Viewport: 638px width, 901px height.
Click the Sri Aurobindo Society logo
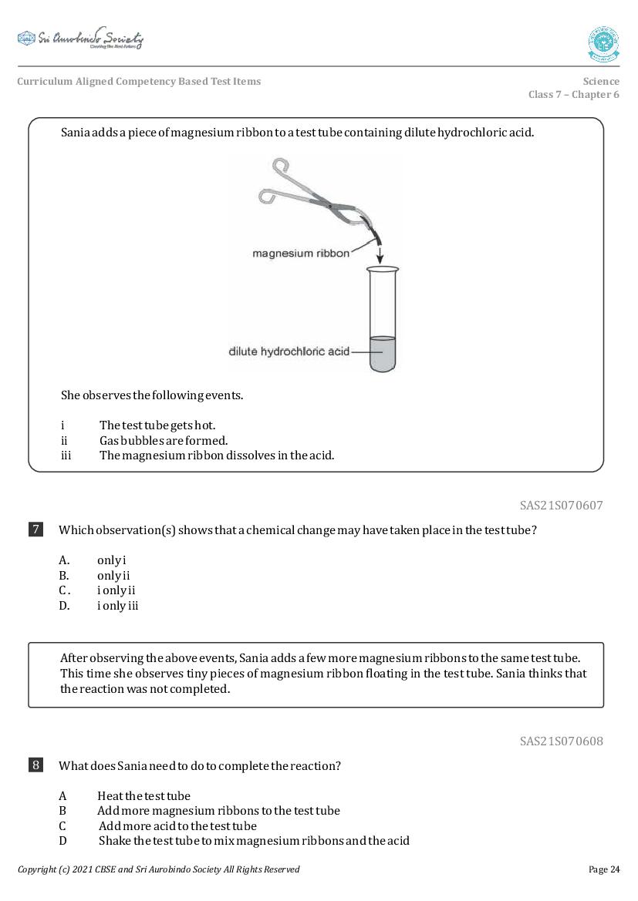[x=80, y=39]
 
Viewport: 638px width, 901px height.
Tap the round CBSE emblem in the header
[x=603, y=44]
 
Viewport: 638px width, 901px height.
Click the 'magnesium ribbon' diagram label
[x=301, y=253]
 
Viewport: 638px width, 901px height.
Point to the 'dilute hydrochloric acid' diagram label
[x=289, y=351]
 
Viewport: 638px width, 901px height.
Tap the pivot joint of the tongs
[x=332, y=206]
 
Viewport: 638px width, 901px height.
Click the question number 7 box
[x=36, y=530]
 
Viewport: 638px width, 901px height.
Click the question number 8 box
[x=36, y=765]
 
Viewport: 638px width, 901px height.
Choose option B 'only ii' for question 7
[x=113, y=576]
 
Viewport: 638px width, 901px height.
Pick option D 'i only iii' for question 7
[x=117, y=606]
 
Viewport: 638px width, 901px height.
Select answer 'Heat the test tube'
[x=143, y=796]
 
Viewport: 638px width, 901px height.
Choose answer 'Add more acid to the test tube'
[x=177, y=826]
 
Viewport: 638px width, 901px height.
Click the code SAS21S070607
[x=561, y=506]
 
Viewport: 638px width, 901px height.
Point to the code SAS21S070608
[x=561, y=741]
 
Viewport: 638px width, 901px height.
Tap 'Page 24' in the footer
[x=604, y=869]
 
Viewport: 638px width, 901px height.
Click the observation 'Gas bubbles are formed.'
[x=164, y=441]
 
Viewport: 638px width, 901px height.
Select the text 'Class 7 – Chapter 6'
[x=573, y=95]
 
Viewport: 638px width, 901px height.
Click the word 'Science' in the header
[x=601, y=81]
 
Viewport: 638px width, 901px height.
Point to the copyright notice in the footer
[x=158, y=869]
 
